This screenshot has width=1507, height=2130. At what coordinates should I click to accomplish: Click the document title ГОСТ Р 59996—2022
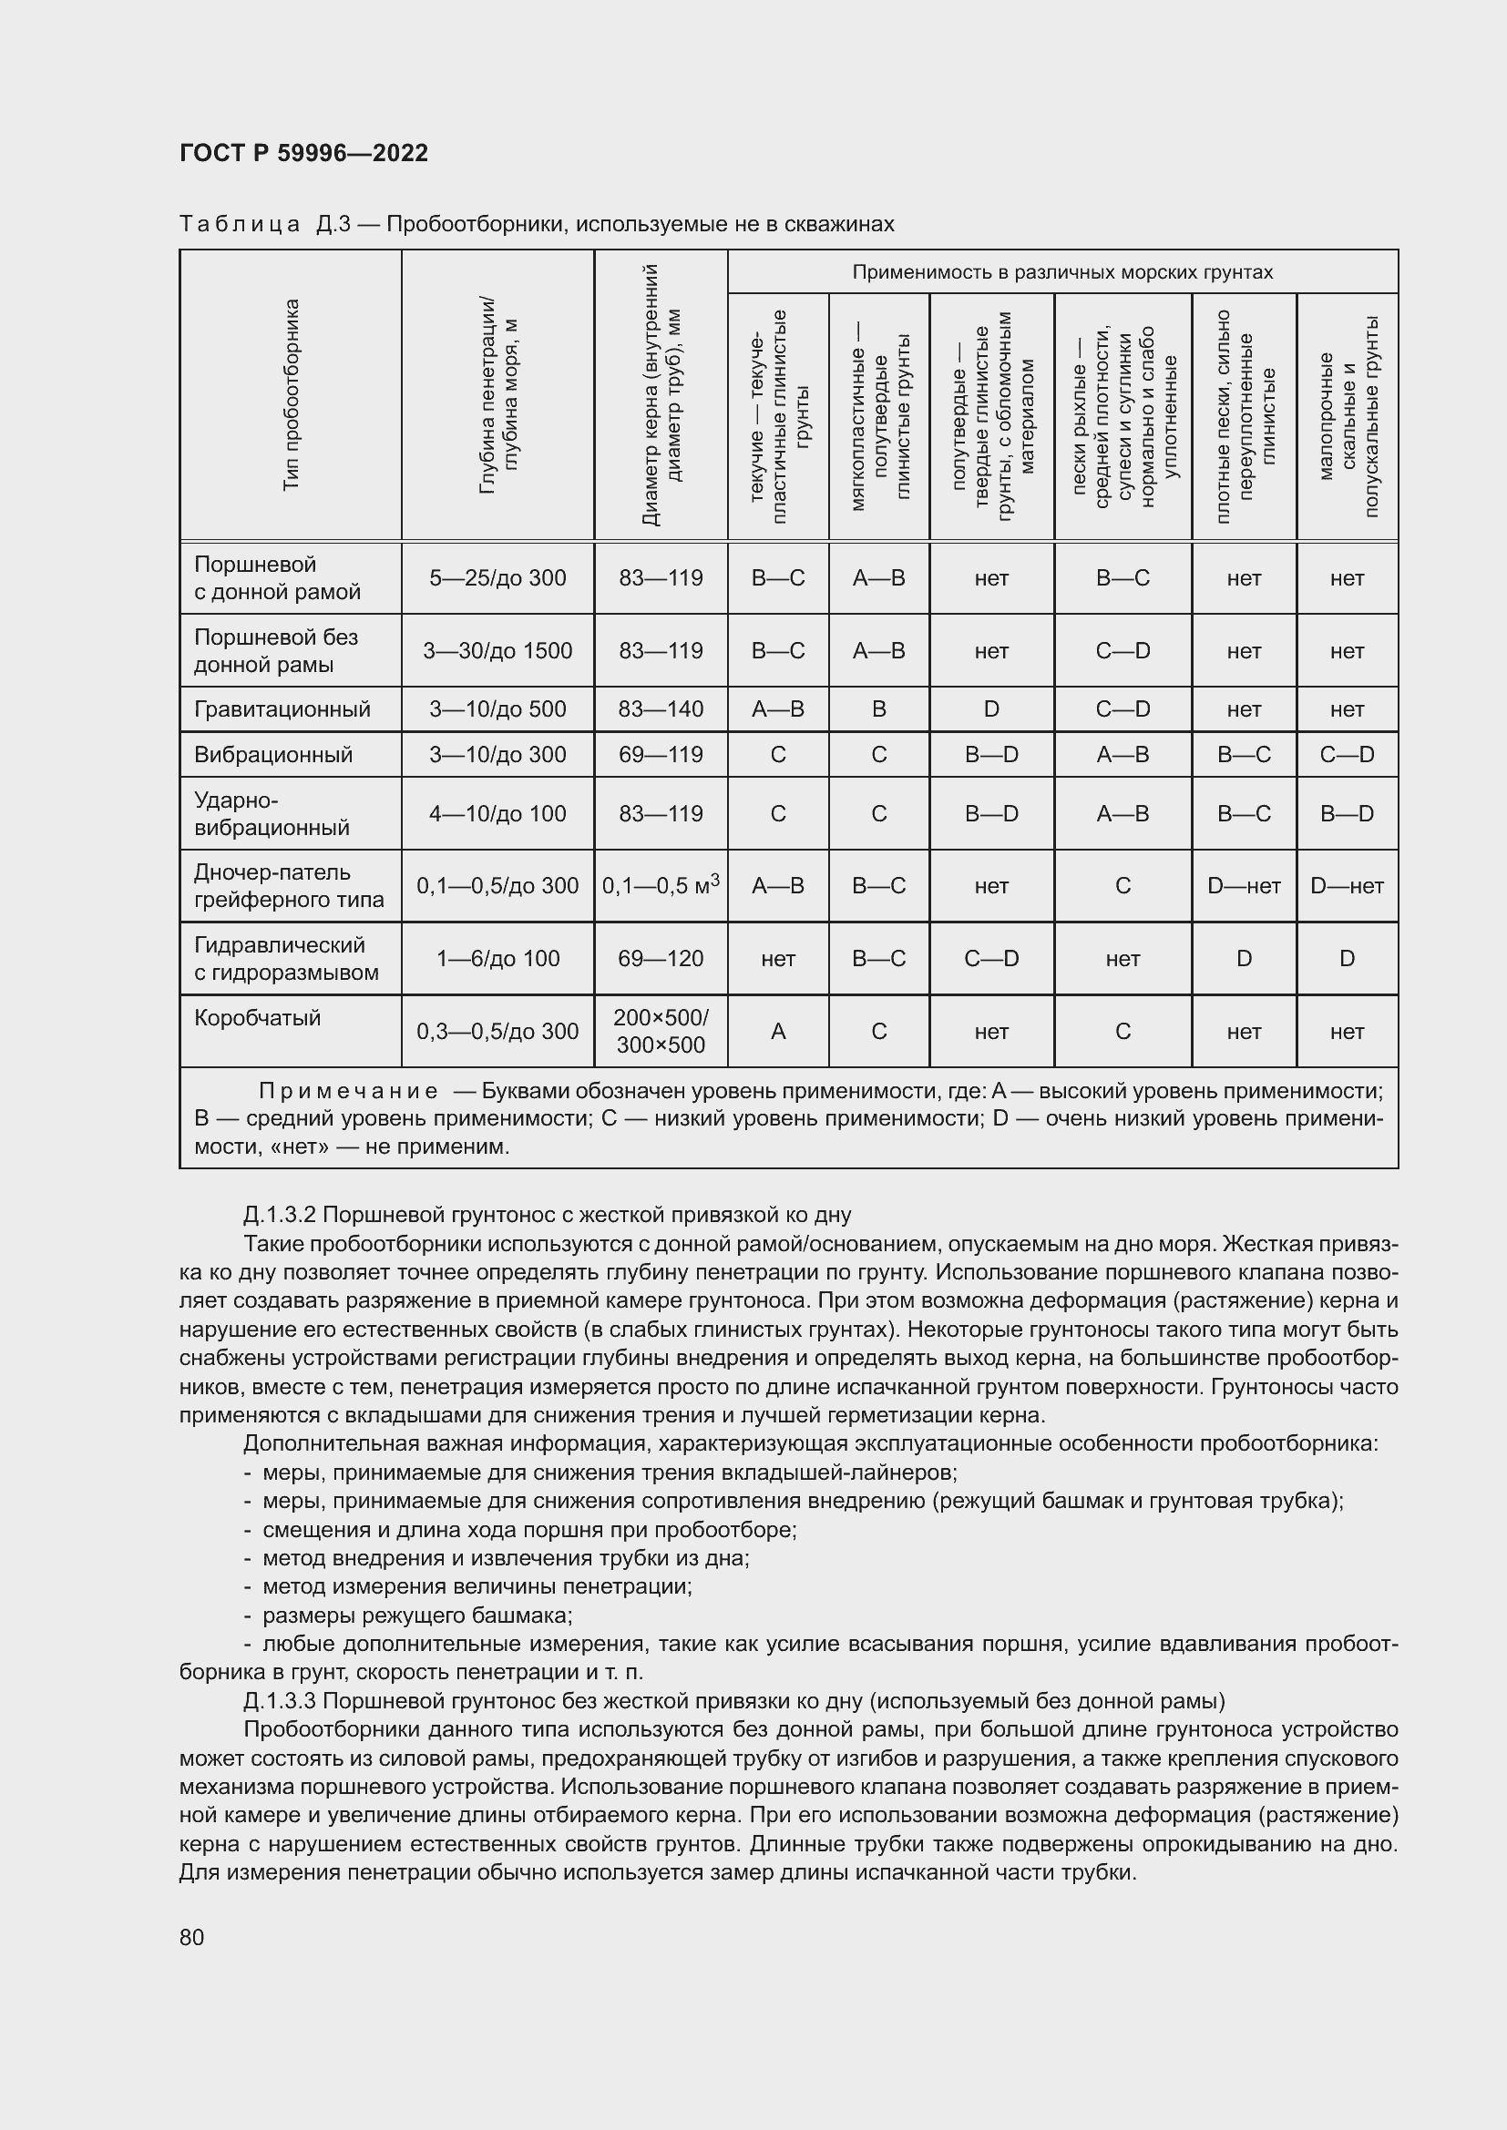click(x=303, y=153)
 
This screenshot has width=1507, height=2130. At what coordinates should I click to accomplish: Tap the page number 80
click(x=192, y=1937)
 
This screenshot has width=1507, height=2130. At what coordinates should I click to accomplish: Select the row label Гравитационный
click(x=282, y=708)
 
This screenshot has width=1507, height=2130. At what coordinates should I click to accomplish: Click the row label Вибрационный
click(x=272, y=754)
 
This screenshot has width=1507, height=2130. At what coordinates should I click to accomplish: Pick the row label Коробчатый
click(x=257, y=1018)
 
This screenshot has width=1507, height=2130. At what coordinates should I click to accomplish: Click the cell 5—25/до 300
click(x=497, y=578)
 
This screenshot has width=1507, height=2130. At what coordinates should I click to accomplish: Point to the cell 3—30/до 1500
click(x=497, y=650)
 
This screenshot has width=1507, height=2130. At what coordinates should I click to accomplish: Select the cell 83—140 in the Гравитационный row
click(x=661, y=708)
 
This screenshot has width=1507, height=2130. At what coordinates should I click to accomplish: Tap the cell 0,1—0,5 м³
click(x=661, y=885)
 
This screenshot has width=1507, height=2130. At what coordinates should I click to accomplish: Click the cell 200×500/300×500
click(x=661, y=1031)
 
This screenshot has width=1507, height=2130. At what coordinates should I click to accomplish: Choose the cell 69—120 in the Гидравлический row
click(x=661, y=958)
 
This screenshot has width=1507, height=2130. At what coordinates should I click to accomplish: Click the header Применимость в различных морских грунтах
click(x=1062, y=271)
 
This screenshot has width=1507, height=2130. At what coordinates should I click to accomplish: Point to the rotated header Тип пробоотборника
click(x=292, y=394)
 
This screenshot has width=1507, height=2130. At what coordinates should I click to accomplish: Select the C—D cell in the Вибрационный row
click(x=1347, y=754)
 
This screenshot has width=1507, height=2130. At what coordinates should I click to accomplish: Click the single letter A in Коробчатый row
click(x=777, y=1031)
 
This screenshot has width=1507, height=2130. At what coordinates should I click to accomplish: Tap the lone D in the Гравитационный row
click(x=991, y=708)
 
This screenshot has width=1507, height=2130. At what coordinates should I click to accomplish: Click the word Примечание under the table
click(x=348, y=1090)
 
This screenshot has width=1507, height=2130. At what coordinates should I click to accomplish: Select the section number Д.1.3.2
click(x=281, y=1215)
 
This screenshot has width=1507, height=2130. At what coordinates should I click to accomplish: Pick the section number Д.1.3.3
click(x=281, y=1700)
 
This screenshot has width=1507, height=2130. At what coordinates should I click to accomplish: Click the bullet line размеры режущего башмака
click(x=417, y=1615)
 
